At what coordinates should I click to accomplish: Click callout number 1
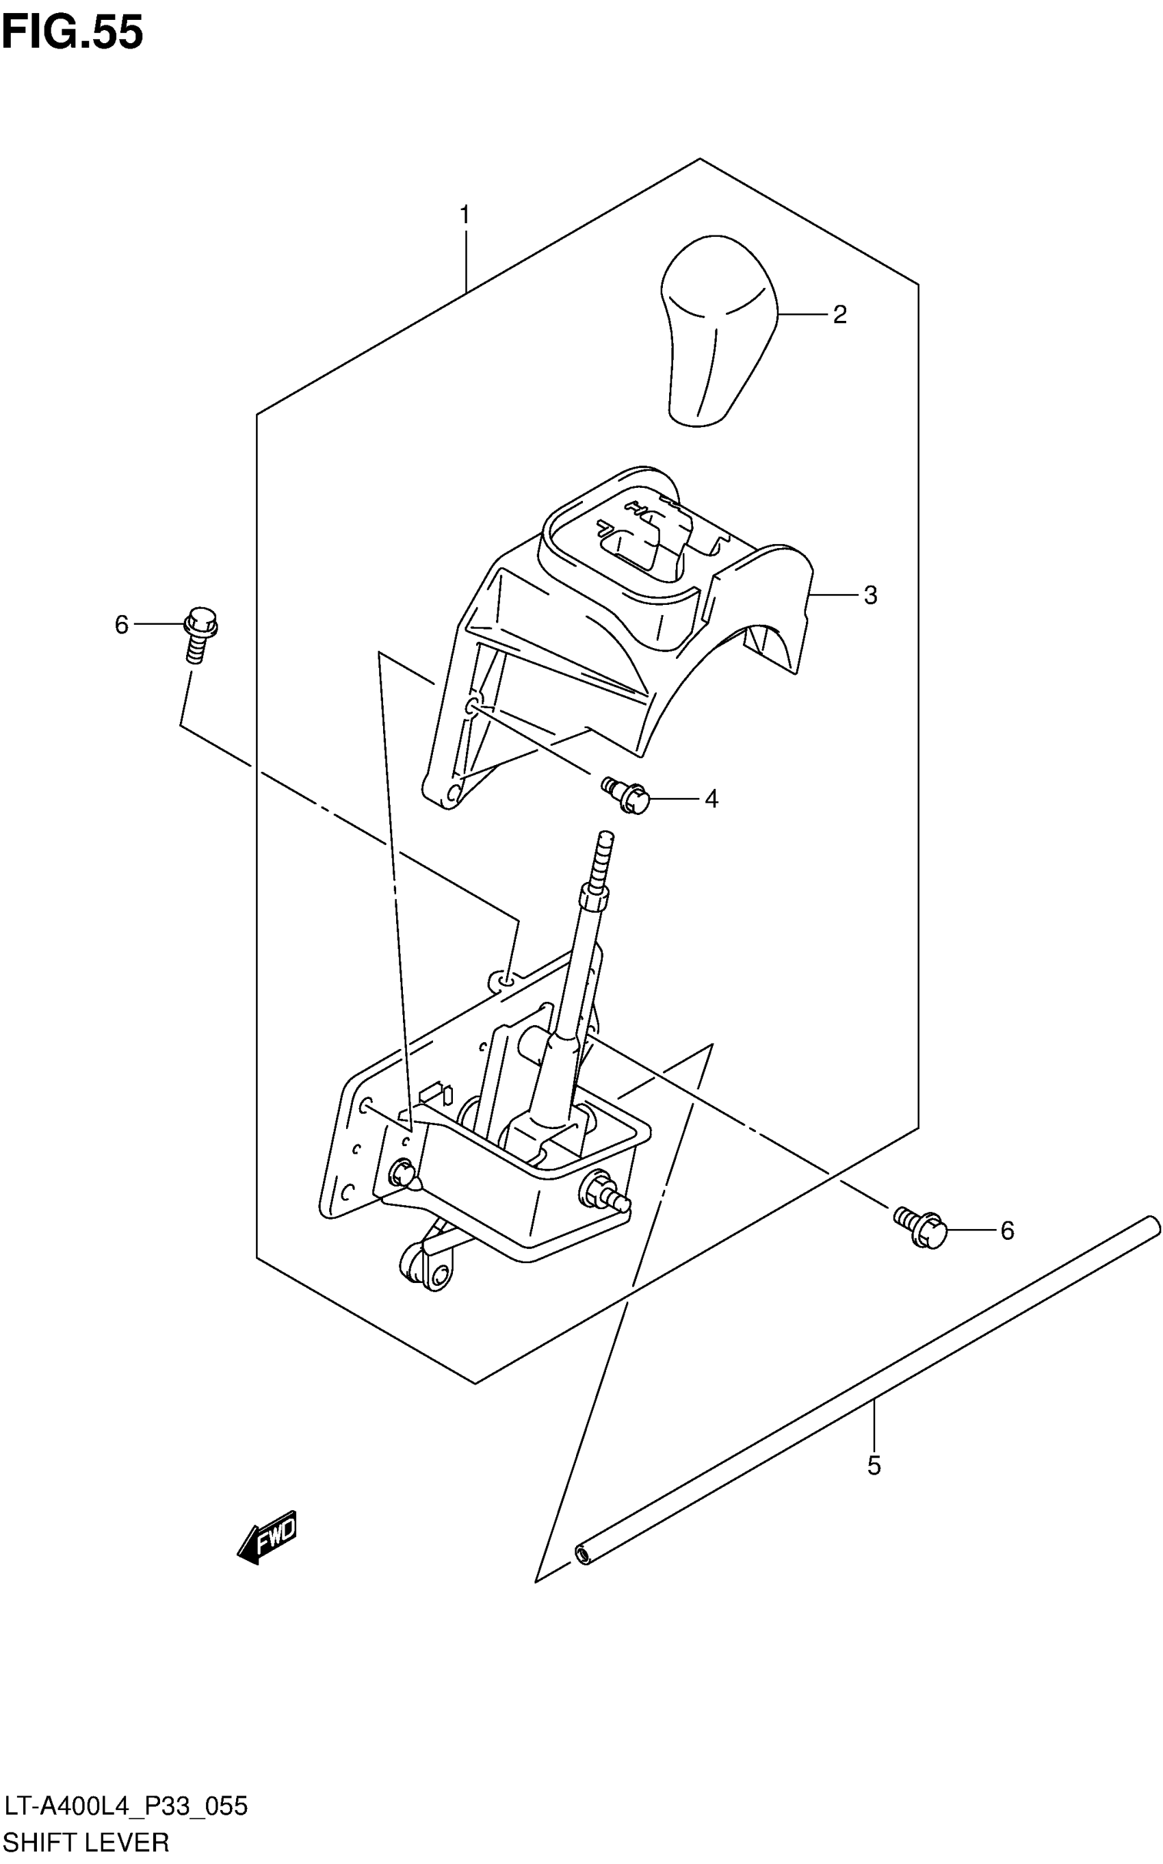coord(465,216)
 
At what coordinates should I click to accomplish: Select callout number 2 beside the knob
coord(839,315)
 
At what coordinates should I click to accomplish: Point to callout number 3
coord(870,595)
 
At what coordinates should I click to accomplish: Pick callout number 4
coord(711,800)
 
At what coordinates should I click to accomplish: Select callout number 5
coord(873,1466)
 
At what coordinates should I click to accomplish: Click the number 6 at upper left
coord(121,625)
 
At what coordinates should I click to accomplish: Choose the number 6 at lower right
coord(1007,1231)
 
